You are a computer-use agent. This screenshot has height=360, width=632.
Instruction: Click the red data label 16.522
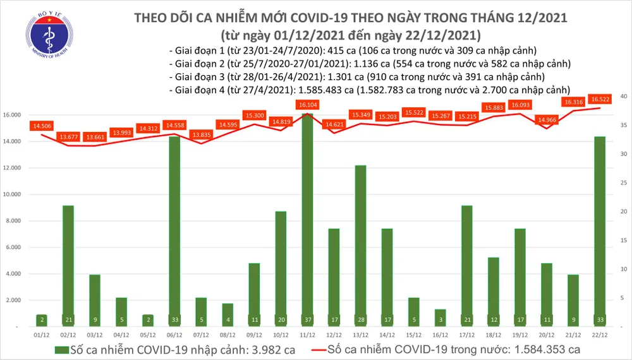599,99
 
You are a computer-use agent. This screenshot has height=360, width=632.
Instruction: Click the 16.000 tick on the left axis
12,116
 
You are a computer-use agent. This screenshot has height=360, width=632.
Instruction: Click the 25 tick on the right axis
623,183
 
